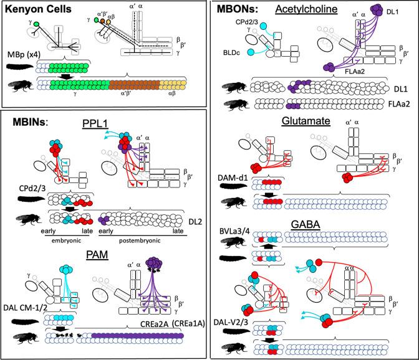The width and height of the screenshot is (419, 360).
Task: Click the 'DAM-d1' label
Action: pyautogui.click(x=231, y=178)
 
